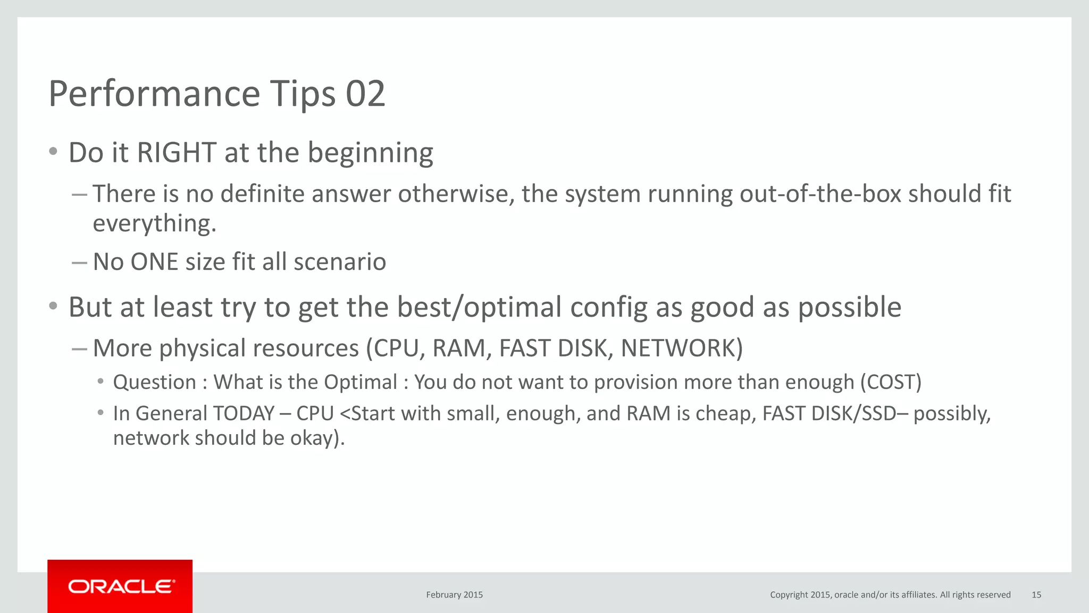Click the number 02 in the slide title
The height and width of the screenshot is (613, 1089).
pos(365,94)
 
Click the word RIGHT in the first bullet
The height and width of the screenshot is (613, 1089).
pos(177,153)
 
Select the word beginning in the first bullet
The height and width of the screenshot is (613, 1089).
pos(371,154)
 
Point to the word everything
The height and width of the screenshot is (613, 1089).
pos(154,223)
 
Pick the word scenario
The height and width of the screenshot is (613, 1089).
pos(340,262)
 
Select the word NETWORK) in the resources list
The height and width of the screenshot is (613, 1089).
pos(682,349)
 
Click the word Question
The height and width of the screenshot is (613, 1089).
pos(155,383)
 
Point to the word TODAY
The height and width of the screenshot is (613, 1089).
pos(244,413)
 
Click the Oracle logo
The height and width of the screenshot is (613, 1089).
pos(120,586)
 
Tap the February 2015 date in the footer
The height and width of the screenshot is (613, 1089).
pos(454,595)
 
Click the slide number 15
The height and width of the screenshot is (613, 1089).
pos(1036,595)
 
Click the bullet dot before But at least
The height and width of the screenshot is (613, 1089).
pos(53,306)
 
